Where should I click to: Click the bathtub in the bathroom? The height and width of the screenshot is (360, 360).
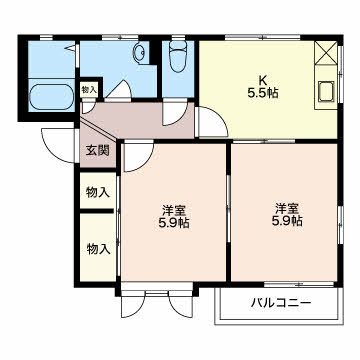[52, 97]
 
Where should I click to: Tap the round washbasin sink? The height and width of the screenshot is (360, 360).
[139, 52]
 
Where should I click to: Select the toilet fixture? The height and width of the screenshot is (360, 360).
[178, 55]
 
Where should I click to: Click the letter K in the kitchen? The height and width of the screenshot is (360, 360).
[263, 81]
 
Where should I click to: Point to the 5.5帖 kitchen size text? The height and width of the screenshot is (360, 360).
[263, 93]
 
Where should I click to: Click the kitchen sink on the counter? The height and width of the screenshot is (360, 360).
[325, 92]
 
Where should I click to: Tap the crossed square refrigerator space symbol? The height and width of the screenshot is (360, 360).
[326, 53]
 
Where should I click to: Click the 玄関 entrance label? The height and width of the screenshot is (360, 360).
[98, 151]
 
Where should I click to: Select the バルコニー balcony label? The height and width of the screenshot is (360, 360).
[281, 303]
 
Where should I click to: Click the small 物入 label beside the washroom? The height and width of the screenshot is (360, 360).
[89, 89]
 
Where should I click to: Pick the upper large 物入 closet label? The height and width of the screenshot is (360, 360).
[98, 192]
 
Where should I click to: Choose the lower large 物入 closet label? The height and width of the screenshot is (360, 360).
[98, 249]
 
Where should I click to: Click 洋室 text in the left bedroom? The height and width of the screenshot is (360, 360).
[174, 210]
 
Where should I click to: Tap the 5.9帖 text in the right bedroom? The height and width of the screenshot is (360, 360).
[287, 221]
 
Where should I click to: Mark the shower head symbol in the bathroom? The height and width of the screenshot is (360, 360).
[71, 48]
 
